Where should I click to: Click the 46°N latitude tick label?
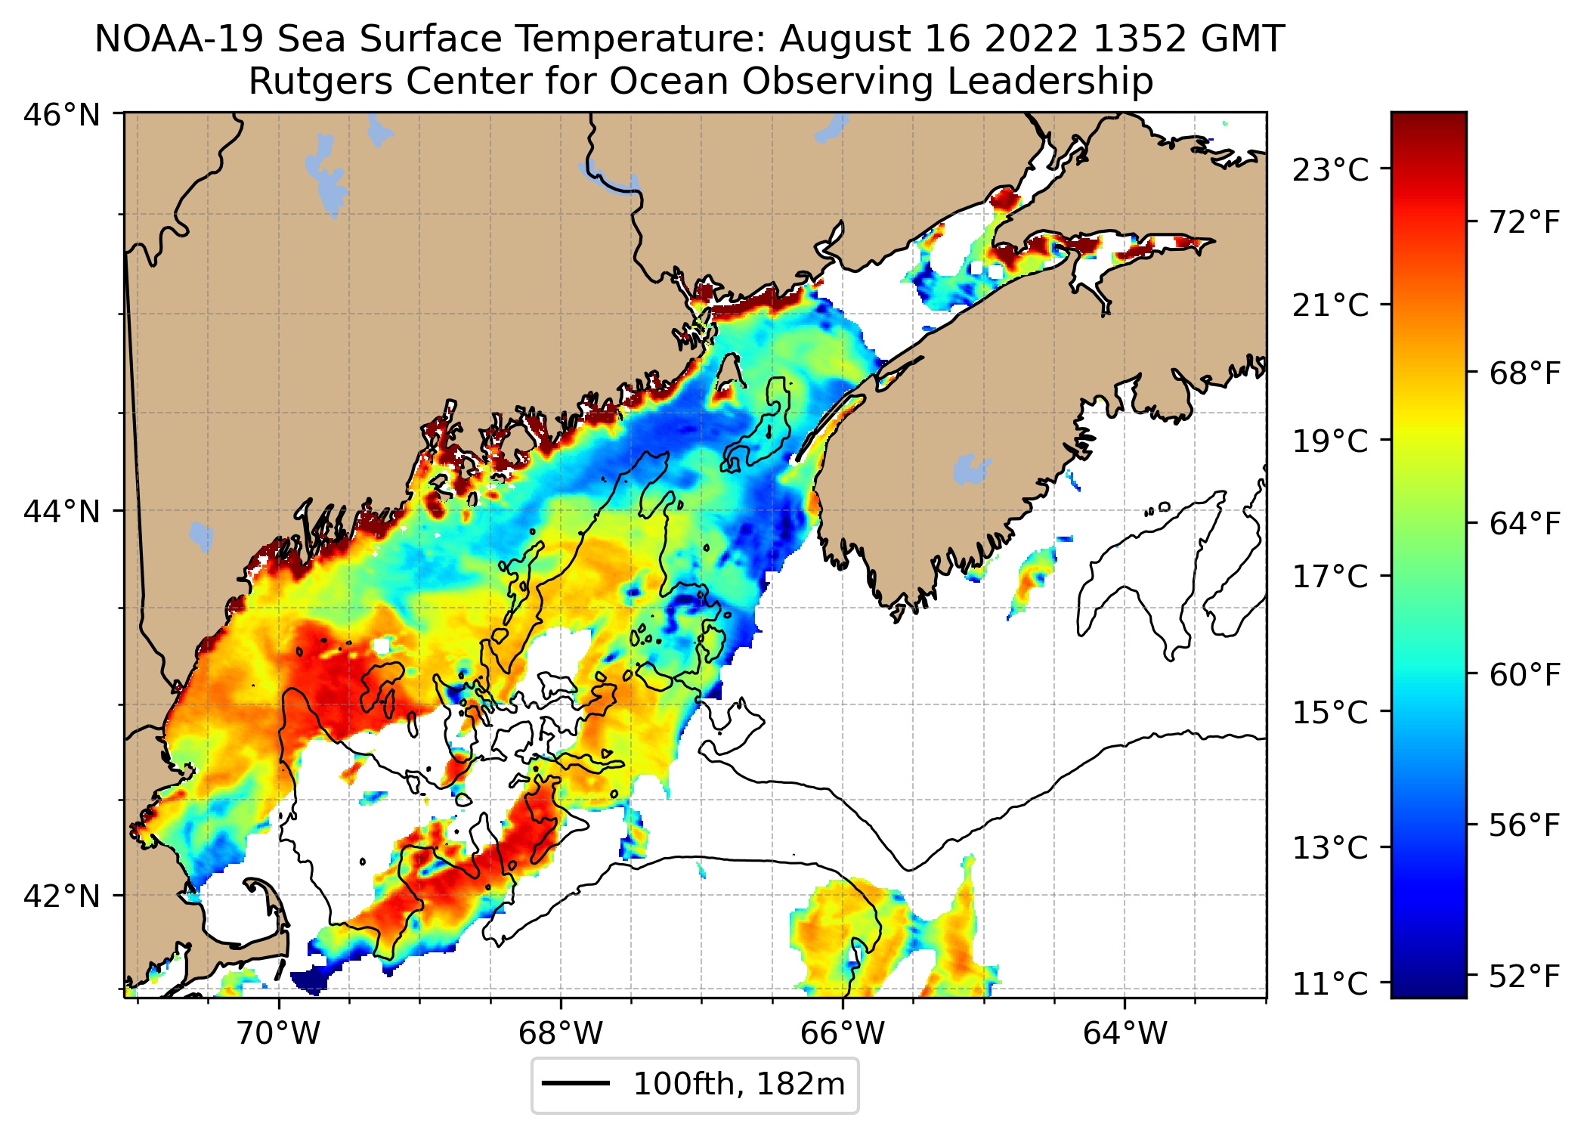pyautogui.click(x=62, y=116)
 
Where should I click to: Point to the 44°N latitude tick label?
pyautogui.click(x=62, y=512)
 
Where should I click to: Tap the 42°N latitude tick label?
pyautogui.click(x=62, y=896)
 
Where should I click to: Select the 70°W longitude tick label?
pyautogui.click(x=279, y=1032)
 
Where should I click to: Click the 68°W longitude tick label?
pyautogui.click(x=561, y=1032)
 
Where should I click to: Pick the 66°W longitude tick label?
pyautogui.click(x=843, y=1032)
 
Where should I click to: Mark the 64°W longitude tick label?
pyautogui.click(x=1125, y=1032)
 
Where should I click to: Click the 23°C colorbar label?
pyautogui.click(x=1330, y=171)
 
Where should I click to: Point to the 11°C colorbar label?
pyautogui.click(x=1330, y=984)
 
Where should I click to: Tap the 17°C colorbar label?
pyautogui.click(x=1330, y=577)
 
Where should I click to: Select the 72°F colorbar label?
pyautogui.click(x=1524, y=222)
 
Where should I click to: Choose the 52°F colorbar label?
pyautogui.click(x=1524, y=977)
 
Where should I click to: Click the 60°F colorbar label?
pyautogui.click(x=1524, y=674)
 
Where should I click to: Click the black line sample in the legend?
pyautogui.click(x=576, y=1084)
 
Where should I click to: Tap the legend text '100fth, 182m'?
pyautogui.click(x=738, y=1084)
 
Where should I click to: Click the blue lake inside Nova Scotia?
pyautogui.click(x=970, y=469)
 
